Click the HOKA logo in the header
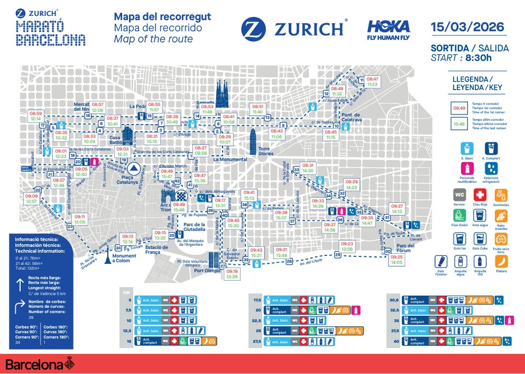point(388,30)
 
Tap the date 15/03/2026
point(467,27)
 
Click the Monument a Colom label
point(124,258)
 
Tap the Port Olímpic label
point(207,271)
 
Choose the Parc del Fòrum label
point(406,248)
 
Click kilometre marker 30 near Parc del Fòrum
point(388,252)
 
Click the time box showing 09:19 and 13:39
point(232,274)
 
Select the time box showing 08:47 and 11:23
point(372,81)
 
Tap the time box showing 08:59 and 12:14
point(36,116)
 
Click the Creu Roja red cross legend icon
point(480,194)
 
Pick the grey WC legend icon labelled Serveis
point(459,194)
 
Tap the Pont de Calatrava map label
point(351,117)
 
